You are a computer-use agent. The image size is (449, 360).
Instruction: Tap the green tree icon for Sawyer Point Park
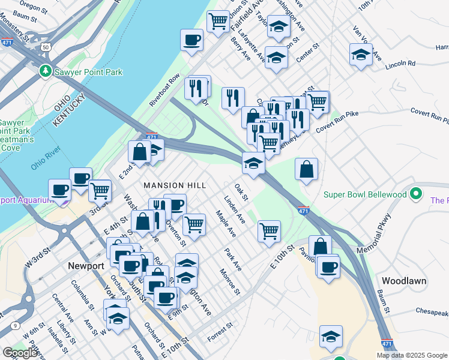(x=45, y=71)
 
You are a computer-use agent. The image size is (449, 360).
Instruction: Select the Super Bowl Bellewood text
(x=366, y=194)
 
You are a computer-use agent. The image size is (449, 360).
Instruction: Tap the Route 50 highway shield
(x=46, y=46)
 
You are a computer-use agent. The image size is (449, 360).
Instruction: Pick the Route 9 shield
(x=13, y=326)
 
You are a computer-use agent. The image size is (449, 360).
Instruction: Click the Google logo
(x=20, y=353)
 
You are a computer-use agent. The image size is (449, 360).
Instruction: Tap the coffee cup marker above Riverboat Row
(x=192, y=40)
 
